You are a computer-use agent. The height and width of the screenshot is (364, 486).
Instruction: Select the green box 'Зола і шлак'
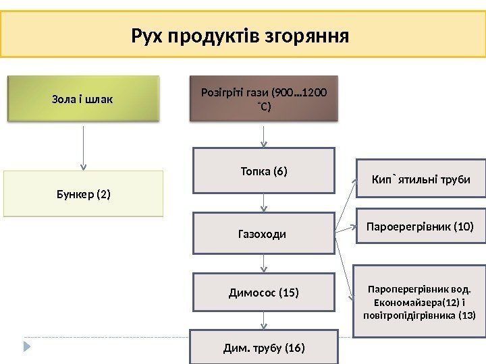click(83, 99)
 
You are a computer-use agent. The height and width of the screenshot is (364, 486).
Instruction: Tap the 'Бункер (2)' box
click(83, 194)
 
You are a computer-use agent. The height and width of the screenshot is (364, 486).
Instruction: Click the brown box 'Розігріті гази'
click(263, 98)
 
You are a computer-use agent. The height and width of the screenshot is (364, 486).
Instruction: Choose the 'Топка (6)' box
click(263, 171)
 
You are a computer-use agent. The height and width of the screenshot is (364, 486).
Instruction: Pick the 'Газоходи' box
click(263, 234)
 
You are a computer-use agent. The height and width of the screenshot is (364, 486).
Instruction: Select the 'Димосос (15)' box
click(263, 292)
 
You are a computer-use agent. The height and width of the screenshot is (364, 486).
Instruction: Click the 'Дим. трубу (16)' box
click(263, 348)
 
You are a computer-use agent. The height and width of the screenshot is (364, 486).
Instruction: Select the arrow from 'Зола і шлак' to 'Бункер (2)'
click(83, 147)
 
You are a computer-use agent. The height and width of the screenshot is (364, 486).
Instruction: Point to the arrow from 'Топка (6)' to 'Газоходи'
click(263, 203)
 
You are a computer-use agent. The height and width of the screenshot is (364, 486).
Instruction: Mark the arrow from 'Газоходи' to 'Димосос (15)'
click(263, 264)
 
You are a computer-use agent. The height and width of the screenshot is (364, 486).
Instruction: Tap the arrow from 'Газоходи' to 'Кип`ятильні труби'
click(346, 206)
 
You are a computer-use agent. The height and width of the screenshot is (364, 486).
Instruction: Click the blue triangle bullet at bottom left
click(28, 348)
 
